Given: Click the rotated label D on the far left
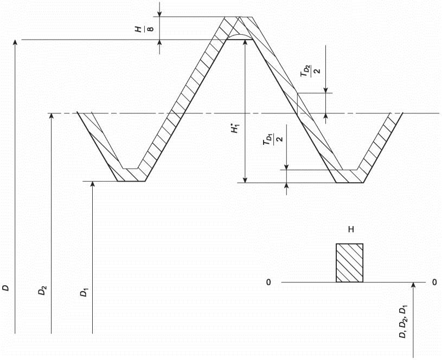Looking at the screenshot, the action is (x=6, y=288).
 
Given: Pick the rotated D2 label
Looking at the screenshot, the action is (x=42, y=291).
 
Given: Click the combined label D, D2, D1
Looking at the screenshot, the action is (x=402, y=322).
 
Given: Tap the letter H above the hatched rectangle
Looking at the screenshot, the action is (x=351, y=229).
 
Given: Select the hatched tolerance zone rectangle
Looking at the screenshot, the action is (x=350, y=263).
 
